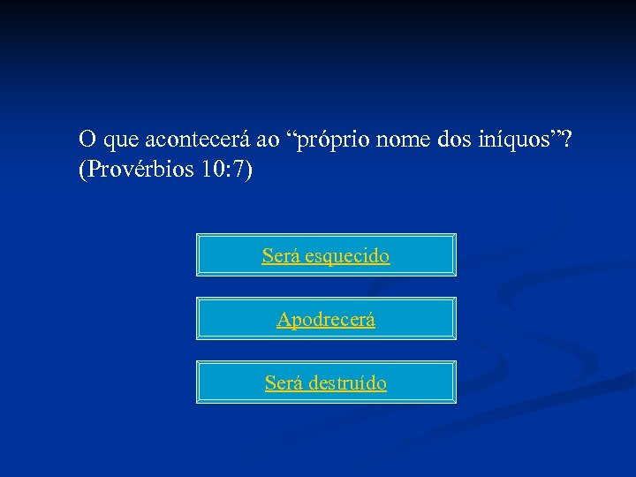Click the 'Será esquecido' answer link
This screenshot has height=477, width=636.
coord(325,256)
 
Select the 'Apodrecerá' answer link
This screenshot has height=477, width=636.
coord(325,320)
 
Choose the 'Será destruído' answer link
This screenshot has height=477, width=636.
coord(325,383)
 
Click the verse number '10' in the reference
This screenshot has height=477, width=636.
coord(212,170)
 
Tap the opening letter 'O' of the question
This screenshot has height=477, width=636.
coord(87,140)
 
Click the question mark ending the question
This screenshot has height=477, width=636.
coord(565,140)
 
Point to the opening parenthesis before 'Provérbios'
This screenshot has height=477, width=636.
coord(82,170)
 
